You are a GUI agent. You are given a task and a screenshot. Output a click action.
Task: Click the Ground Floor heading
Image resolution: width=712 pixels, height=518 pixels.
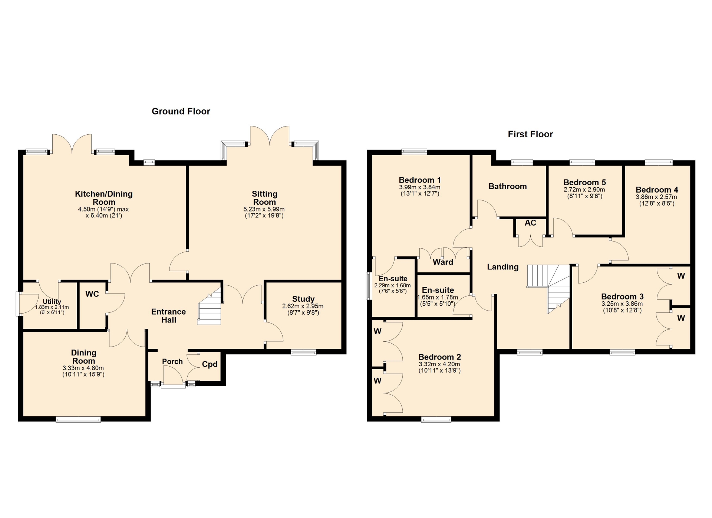pos(181,111)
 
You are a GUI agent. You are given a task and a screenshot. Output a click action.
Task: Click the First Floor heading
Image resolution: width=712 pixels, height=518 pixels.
pos(530,134)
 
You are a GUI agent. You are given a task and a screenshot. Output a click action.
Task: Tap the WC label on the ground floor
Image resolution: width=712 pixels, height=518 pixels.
pos(92,294)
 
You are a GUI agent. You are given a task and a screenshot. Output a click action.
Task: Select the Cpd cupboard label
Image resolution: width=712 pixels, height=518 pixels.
pos(210,364)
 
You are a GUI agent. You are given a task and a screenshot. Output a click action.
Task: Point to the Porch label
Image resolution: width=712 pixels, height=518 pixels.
pos(172,361)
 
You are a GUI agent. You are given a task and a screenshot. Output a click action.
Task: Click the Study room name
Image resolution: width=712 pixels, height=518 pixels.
pos(303,299)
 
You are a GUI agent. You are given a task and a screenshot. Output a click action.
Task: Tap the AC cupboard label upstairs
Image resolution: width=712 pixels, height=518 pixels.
pos(530,223)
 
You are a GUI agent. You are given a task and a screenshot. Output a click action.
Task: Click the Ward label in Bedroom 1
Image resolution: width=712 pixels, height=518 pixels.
pos(443,262)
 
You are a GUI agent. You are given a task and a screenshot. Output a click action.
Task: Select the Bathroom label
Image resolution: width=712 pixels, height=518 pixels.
pos(508,186)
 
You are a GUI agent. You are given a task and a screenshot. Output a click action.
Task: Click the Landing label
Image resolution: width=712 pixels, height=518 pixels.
pos(502,267)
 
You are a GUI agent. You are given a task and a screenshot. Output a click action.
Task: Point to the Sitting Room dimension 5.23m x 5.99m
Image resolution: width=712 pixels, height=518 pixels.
pos(264,209)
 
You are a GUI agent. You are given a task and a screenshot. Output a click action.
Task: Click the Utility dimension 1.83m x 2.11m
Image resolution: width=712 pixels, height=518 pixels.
pos(52,307)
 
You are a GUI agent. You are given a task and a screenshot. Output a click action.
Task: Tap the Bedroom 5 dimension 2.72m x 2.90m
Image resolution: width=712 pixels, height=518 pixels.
pos(584,190)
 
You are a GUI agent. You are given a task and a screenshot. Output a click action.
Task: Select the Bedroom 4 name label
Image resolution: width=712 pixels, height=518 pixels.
pos(657,190)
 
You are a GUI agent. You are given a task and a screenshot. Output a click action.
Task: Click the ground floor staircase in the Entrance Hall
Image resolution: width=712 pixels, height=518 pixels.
pos(210,306)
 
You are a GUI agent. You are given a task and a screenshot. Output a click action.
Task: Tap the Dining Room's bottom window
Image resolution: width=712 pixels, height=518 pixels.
pos(78,420)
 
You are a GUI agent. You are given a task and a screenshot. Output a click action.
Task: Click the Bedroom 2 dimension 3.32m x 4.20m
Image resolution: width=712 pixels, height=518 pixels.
pos(439,364)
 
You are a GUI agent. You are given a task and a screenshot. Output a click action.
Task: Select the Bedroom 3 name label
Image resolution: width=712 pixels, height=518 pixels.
pos(622,297)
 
